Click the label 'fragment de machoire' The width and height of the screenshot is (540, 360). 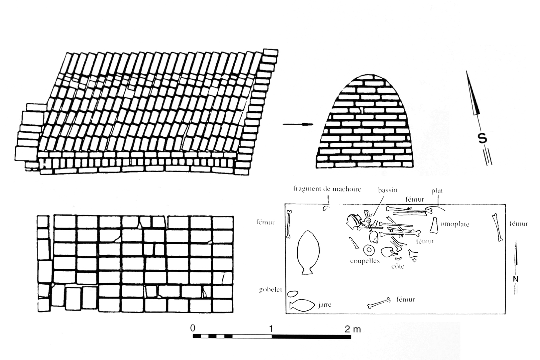pyautogui.click(x=327, y=189)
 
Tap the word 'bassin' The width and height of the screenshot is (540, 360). pyautogui.click(x=387, y=190)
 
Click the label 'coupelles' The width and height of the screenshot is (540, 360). pyautogui.click(x=365, y=261)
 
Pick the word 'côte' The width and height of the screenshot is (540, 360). pyautogui.click(x=398, y=266)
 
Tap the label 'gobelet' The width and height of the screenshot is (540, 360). pyautogui.click(x=270, y=290)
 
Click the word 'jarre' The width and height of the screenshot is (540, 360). pyautogui.click(x=324, y=305)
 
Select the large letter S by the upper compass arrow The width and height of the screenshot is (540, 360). pyautogui.click(x=483, y=138)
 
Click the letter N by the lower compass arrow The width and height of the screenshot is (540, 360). pyautogui.click(x=515, y=279)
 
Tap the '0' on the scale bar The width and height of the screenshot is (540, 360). pyautogui.click(x=192, y=328)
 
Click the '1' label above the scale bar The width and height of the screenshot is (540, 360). pyautogui.click(x=272, y=328)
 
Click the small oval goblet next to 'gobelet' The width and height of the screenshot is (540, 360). pyautogui.click(x=292, y=293)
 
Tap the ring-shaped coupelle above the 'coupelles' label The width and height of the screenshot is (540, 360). pyautogui.click(x=369, y=250)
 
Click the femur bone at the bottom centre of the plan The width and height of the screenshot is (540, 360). pyautogui.click(x=379, y=303)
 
